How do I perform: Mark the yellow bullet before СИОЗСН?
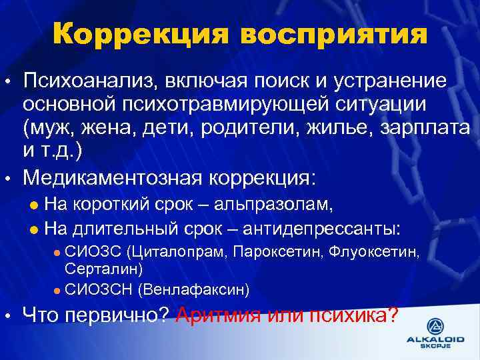(57, 289)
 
